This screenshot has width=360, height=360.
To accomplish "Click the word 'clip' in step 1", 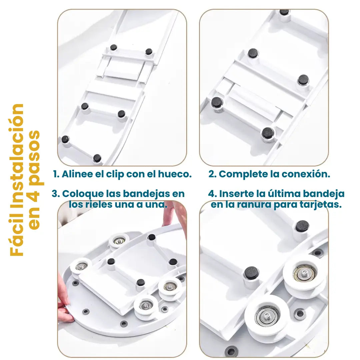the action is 115,174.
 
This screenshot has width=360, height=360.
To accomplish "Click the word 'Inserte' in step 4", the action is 236,194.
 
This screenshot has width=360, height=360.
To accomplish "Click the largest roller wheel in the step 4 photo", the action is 267,318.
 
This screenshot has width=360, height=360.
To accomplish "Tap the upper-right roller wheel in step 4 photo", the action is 305,274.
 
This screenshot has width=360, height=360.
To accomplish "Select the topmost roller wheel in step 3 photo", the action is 119,241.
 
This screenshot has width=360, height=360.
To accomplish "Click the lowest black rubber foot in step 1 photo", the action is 97,158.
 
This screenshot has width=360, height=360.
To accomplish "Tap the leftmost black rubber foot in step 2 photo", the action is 217,103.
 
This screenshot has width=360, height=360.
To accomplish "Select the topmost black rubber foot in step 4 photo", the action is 302,226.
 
